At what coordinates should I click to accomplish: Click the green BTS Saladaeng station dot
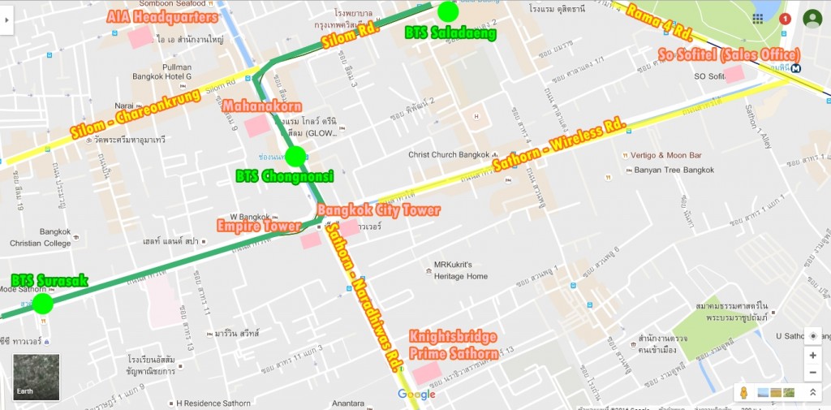click(x=448, y=11)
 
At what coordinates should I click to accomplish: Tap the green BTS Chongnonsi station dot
click(x=295, y=156)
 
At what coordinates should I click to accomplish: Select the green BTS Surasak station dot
click(x=42, y=304)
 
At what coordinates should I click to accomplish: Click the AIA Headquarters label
click(x=162, y=16)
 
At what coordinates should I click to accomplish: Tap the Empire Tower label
click(x=257, y=225)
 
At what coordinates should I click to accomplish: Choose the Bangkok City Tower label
click(x=378, y=210)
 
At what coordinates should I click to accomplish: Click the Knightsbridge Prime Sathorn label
click(x=454, y=344)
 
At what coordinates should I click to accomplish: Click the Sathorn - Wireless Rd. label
click(x=560, y=149)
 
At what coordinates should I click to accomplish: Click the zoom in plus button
click(x=812, y=356)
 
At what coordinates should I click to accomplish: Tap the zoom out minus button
click(x=812, y=373)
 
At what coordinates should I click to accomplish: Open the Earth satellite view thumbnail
click(x=36, y=377)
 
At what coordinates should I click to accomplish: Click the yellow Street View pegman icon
click(x=742, y=393)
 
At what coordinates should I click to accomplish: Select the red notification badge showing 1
click(x=785, y=19)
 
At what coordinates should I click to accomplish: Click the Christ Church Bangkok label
click(x=449, y=154)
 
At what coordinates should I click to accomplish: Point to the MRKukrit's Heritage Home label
click(x=460, y=270)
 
